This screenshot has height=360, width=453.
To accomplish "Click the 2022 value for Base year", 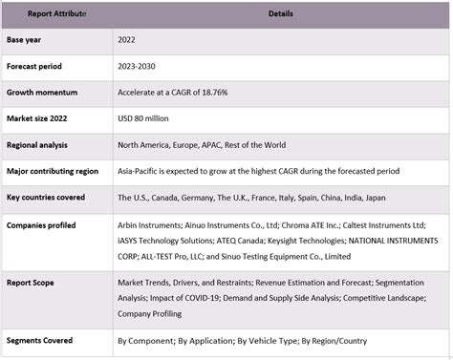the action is point(128,41).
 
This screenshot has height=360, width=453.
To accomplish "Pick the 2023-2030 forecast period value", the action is point(138,67).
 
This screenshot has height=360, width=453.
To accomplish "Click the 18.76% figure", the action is point(214,93).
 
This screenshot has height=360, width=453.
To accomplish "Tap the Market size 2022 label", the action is point(42,118).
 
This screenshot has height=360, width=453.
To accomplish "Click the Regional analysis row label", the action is point(42,144).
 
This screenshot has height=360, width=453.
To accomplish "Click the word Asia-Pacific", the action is point(139,170).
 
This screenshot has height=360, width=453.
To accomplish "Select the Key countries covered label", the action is point(47,197).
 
